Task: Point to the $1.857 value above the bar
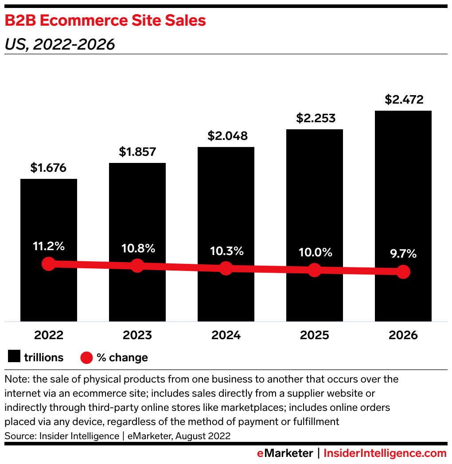click(x=137, y=152)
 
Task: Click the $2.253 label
click(x=315, y=118)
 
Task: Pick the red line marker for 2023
click(x=137, y=266)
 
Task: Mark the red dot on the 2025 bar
click(x=315, y=270)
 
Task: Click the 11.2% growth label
click(x=49, y=246)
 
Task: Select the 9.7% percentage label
click(x=403, y=254)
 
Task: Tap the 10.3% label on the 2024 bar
click(x=226, y=251)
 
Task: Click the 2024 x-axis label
click(x=226, y=335)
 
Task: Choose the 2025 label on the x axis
click(x=315, y=335)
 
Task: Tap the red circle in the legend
click(x=86, y=357)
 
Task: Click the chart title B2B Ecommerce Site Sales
click(x=105, y=20)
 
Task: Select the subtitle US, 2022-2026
click(x=59, y=44)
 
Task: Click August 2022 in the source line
click(x=203, y=436)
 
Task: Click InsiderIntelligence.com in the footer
click(x=385, y=453)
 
